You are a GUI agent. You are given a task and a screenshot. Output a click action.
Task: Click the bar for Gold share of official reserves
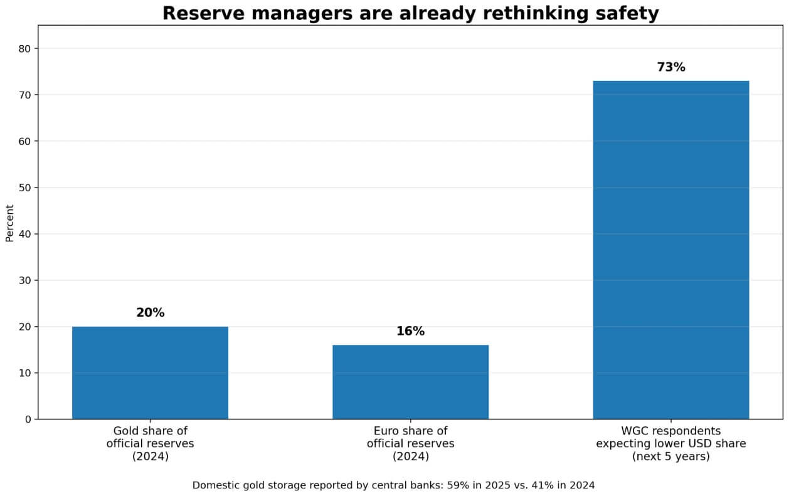click(x=150, y=372)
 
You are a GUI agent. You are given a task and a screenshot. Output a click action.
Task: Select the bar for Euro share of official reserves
click(x=410, y=382)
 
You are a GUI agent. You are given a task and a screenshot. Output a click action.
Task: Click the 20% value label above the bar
click(x=150, y=312)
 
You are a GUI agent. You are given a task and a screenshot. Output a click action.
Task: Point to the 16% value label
click(x=410, y=331)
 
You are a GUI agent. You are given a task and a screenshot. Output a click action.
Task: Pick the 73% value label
click(x=670, y=67)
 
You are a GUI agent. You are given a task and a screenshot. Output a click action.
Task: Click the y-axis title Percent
click(x=9, y=223)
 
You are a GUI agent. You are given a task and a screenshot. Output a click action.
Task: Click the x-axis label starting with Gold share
click(x=150, y=443)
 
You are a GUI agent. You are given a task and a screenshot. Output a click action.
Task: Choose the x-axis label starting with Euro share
click(x=410, y=443)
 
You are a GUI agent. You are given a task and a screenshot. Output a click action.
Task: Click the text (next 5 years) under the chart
click(x=670, y=456)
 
